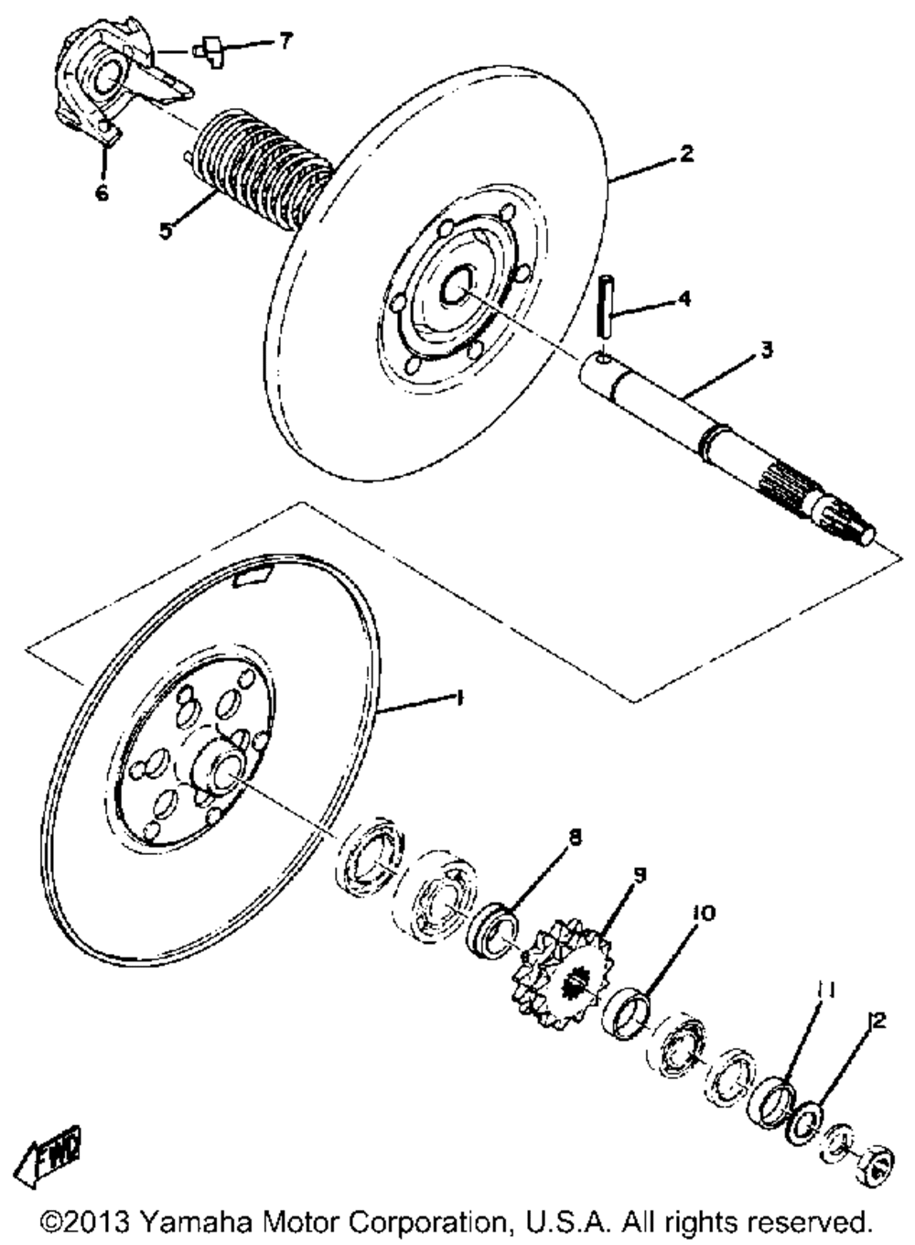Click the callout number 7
tap(286, 40)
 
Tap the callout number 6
tap(102, 193)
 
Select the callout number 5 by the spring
tap(165, 230)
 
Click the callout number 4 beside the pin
tap(684, 298)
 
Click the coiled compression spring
tap(261, 169)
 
